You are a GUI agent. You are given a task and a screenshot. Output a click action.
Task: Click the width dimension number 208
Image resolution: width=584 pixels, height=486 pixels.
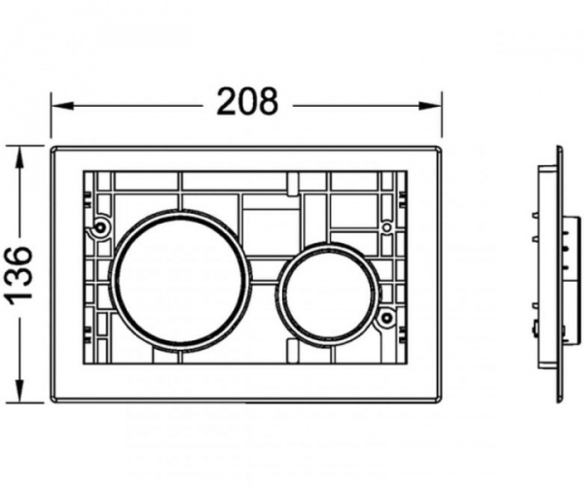pos(246,101)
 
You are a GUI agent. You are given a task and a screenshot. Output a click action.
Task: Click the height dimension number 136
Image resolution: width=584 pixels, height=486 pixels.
pos(20,274)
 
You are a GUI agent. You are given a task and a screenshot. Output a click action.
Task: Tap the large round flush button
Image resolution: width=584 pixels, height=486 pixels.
pos(180,279)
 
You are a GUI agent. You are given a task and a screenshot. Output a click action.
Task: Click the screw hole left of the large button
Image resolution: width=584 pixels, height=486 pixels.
pos(101,229)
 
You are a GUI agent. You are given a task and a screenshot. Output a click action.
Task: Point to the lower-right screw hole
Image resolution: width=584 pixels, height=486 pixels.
pos(386,317)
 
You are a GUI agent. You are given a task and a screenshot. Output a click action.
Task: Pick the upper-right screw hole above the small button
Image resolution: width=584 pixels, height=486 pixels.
pos(386,227)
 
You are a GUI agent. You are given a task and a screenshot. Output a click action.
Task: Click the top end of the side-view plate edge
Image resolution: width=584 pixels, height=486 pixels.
pos(560,149)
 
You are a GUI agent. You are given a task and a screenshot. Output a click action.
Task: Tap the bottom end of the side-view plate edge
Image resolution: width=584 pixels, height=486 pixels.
pos(560,399)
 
